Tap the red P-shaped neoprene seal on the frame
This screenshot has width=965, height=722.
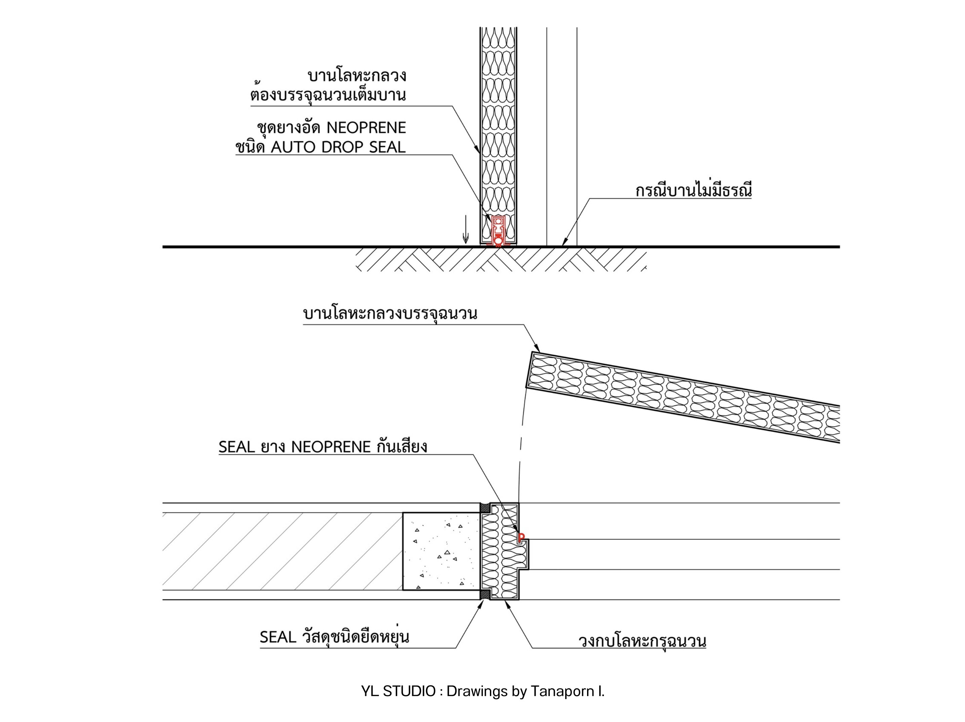tap(520, 537)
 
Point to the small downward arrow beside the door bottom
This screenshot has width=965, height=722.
tap(465, 229)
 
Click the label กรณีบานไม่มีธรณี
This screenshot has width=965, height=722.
tap(694, 191)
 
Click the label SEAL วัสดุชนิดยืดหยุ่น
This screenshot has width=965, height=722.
tap(335, 637)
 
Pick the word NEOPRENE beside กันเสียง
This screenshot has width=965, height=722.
tap(331, 447)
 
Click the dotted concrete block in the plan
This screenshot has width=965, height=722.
tap(441, 551)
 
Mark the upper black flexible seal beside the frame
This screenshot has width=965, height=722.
tap(484, 508)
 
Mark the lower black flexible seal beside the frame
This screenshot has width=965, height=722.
tap(484, 595)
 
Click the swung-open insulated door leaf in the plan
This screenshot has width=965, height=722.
tap(683, 397)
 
